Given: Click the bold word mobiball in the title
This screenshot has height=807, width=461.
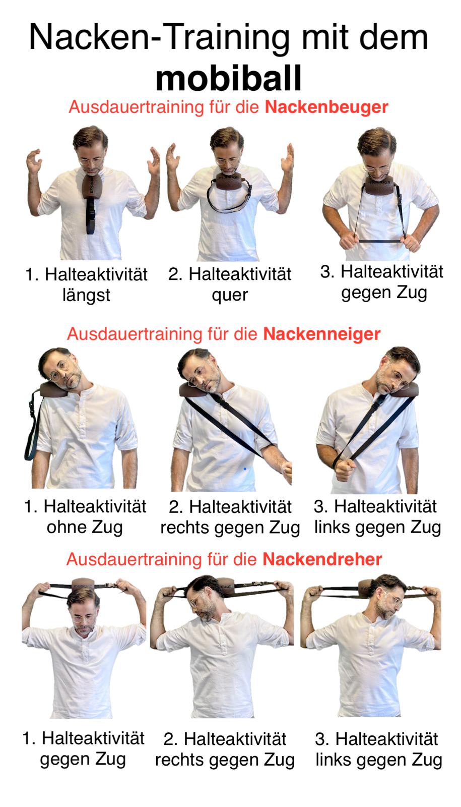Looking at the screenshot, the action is pyautogui.click(x=229, y=79).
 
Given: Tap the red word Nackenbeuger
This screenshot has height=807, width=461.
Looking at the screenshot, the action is pyautogui.click(x=326, y=107).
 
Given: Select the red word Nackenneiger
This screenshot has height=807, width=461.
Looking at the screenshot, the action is pyautogui.click(x=322, y=334).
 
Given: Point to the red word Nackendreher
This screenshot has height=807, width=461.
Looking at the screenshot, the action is pyautogui.click(x=322, y=559).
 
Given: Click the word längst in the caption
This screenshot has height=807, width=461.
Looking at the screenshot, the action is pyautogui.click(x=86, y=296).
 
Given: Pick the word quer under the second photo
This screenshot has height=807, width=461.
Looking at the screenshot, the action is pyautogui.click(x=230, y=296).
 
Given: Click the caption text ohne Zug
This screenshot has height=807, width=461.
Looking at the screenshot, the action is pyautogui.click(x=85, y=528).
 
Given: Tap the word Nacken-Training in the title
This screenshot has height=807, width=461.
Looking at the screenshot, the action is pyautogui.click(x=159, y=37).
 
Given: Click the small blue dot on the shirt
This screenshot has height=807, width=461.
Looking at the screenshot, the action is pyautogui.click(x=245, y=469).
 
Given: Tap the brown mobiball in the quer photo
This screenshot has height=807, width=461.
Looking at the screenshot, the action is pyautogui.click(x=229, y=181).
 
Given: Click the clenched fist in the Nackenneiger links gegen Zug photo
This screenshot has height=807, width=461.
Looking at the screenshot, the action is pyautogui.click(x=345, y=470).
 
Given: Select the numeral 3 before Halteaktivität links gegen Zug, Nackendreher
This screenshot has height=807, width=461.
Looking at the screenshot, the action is pyautogui.click(x=320, y=739).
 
